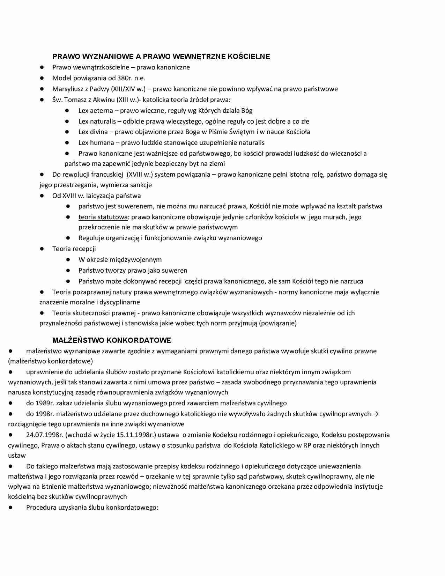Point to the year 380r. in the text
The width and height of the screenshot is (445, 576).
[125, 78]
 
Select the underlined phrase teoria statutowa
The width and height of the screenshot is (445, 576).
[103, 217]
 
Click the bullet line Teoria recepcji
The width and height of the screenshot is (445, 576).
[74, 249]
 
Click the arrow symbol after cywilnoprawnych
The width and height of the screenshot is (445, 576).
[376, 414]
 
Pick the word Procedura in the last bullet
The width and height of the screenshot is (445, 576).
[41, 507]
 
